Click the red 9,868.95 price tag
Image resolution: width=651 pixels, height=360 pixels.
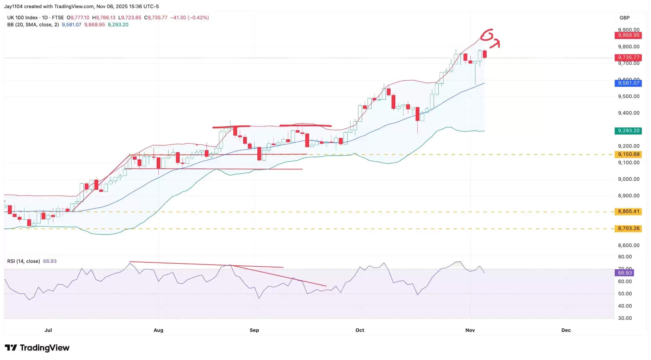pyautogui.click(x=628, y=35)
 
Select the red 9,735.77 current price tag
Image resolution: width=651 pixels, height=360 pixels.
pyautogui.click(x=628, y=58)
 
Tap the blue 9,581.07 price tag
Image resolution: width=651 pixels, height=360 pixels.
pyautogui.click(x=628, y=83)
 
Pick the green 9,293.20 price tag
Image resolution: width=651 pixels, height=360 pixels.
pyautogui.click(x=628, y=131)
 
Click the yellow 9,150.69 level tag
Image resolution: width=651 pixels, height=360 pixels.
pyautogui.click(x=628, y=155)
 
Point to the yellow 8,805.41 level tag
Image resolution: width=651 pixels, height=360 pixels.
pyautogui.click(x=628, y=212)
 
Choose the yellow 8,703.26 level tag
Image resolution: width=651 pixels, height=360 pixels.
pyautogui.click(x=628, y=228)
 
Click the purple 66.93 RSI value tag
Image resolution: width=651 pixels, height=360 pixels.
pyautogui.click(x=625, y=273)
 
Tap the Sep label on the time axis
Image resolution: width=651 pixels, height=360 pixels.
pyautogui.click(x=254, y=330)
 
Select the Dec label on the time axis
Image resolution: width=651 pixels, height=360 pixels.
pyautogui.click(x=566, y=330)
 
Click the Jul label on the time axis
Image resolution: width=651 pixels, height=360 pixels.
pyautogui.click(x=48, y=330)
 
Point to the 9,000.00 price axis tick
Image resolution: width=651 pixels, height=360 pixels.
pyautogui.click(x=629, y=179)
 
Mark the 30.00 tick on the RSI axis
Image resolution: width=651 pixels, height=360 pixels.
pyautogui.click(x=625, y=318)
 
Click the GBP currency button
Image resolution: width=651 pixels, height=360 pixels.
pyautogui.click(x=625, y=18)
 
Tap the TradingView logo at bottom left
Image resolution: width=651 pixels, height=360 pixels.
pyautogui.click(x=37, y=348)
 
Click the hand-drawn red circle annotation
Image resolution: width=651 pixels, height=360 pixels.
pyautogui.click(x=487, y=35)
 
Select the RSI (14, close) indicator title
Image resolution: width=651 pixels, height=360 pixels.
pyautogui.click(x=24, y=261)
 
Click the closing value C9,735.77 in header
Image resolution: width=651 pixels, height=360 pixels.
pyautogui.click(x=156, y=18)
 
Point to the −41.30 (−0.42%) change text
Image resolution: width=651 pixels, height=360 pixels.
pyautogui.click(x=190, y=18)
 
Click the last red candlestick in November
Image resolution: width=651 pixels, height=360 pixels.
pyautogui.click(x=485, y=54)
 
